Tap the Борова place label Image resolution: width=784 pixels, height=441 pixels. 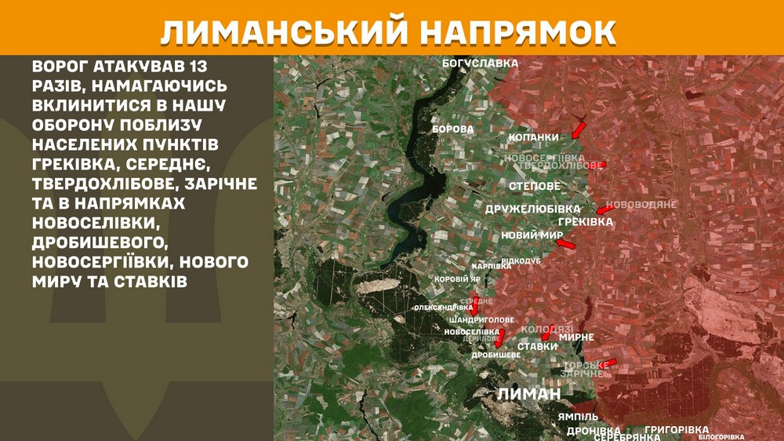[453, 128]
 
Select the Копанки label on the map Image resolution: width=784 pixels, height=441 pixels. [534, 137]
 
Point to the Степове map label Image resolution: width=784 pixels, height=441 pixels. [535, 186]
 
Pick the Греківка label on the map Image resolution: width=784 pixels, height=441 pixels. [586, 222]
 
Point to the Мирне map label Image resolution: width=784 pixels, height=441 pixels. [576, 337]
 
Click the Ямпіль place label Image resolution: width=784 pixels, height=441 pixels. [579, 416]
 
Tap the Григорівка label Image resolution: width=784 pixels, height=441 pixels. [677, 430]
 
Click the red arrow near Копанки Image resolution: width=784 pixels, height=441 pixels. [579, 127]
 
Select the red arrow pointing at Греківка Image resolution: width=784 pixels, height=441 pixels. [605, 210]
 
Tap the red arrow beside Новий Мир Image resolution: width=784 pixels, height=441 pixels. [565, 246]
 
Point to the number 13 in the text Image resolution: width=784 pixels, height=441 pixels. [203, 65]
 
